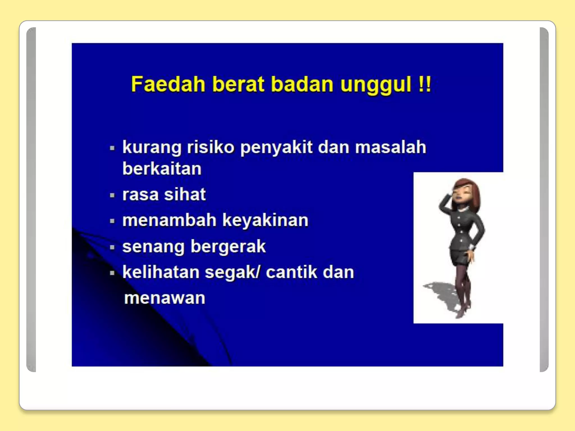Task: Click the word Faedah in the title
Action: pyautogui.click(x=168, y=84)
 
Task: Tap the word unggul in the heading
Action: pyautogui.click(x=376, y=84)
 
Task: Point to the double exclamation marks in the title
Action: pyautogui.click(x=424, y=84)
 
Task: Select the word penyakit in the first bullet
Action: pyautogui.click(x=276, y=148)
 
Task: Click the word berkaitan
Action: pyautogui.click(x=162, y=169)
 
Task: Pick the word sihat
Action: pyautogui.click(x=185, y=194)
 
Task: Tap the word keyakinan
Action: pyautogui.click(x=265, y=220)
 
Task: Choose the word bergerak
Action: pyautogui.click(x=228, y=247)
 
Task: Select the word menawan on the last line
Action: pyautogui.click(x=165, y=298)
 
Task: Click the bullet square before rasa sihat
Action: pyautogui.click(x=112, y=195)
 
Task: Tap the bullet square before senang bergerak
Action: pyautogui.click(x=112, y=247)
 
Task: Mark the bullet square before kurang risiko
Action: pyautogui.click(x=112, y=148)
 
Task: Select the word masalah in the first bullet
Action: pyautogui.click(x=391, y=148)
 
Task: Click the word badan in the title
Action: pyautogui.click(x=302, y=84)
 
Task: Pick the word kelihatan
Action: pyautogui.click(x=161, y=272)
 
